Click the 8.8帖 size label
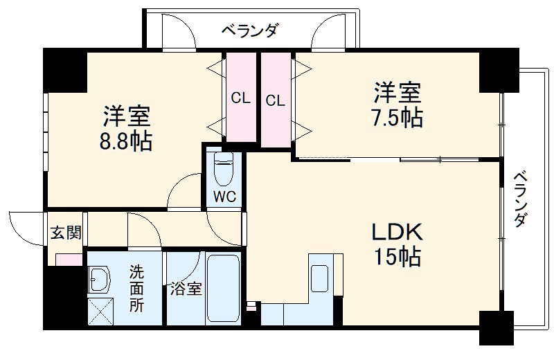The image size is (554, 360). coord(127,142)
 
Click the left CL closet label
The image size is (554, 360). coord(240,99)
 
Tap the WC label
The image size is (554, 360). coord(224,196)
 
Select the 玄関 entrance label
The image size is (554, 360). coord(65,232)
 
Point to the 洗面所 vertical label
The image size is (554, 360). coord(136,288)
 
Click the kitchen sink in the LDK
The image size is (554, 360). coord(320,278)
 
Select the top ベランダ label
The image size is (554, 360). coord(250,30)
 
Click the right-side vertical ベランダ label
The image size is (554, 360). coord(521,199)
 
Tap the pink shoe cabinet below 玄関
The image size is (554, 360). coord(67,260)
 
